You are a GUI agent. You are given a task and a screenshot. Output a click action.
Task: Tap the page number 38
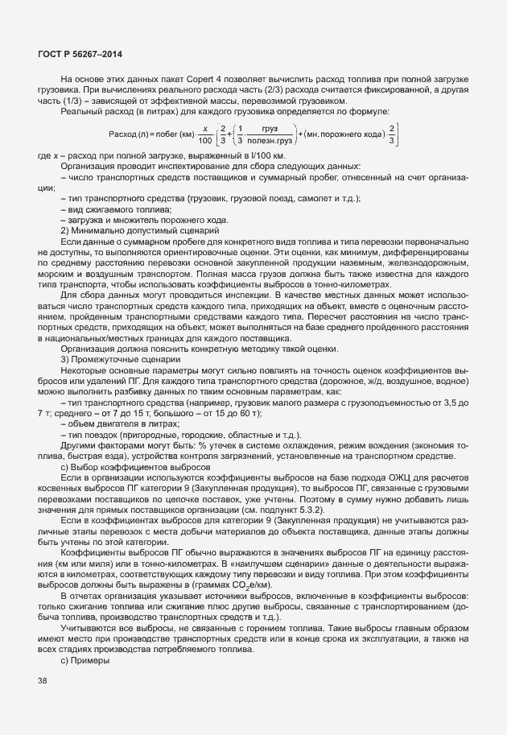coord(43,680)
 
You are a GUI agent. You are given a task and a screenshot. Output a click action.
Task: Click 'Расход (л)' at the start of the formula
coord(128,133)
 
